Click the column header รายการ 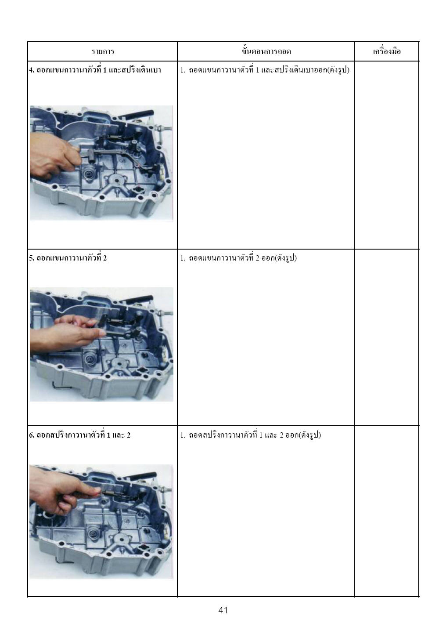click(x=102, y=52)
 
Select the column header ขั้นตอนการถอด click(x=266, y=51)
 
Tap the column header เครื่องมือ click(x=387, y=51)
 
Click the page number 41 click(x=223, y=610)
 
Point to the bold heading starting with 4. click(x=95, y=70)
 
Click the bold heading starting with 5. click(x=68, y=258)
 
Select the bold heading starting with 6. click(x=80, y=435)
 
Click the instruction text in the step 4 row click(x=265, y=70)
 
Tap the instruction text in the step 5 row click(x=238, y=258)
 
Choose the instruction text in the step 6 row click(x=251, y=435)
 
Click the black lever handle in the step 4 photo click(x=140, y=115)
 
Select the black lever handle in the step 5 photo click(x=140, y=299)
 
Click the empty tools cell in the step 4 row click(x=387, y=155)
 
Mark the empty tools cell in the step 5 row click(x=387, y=337)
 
